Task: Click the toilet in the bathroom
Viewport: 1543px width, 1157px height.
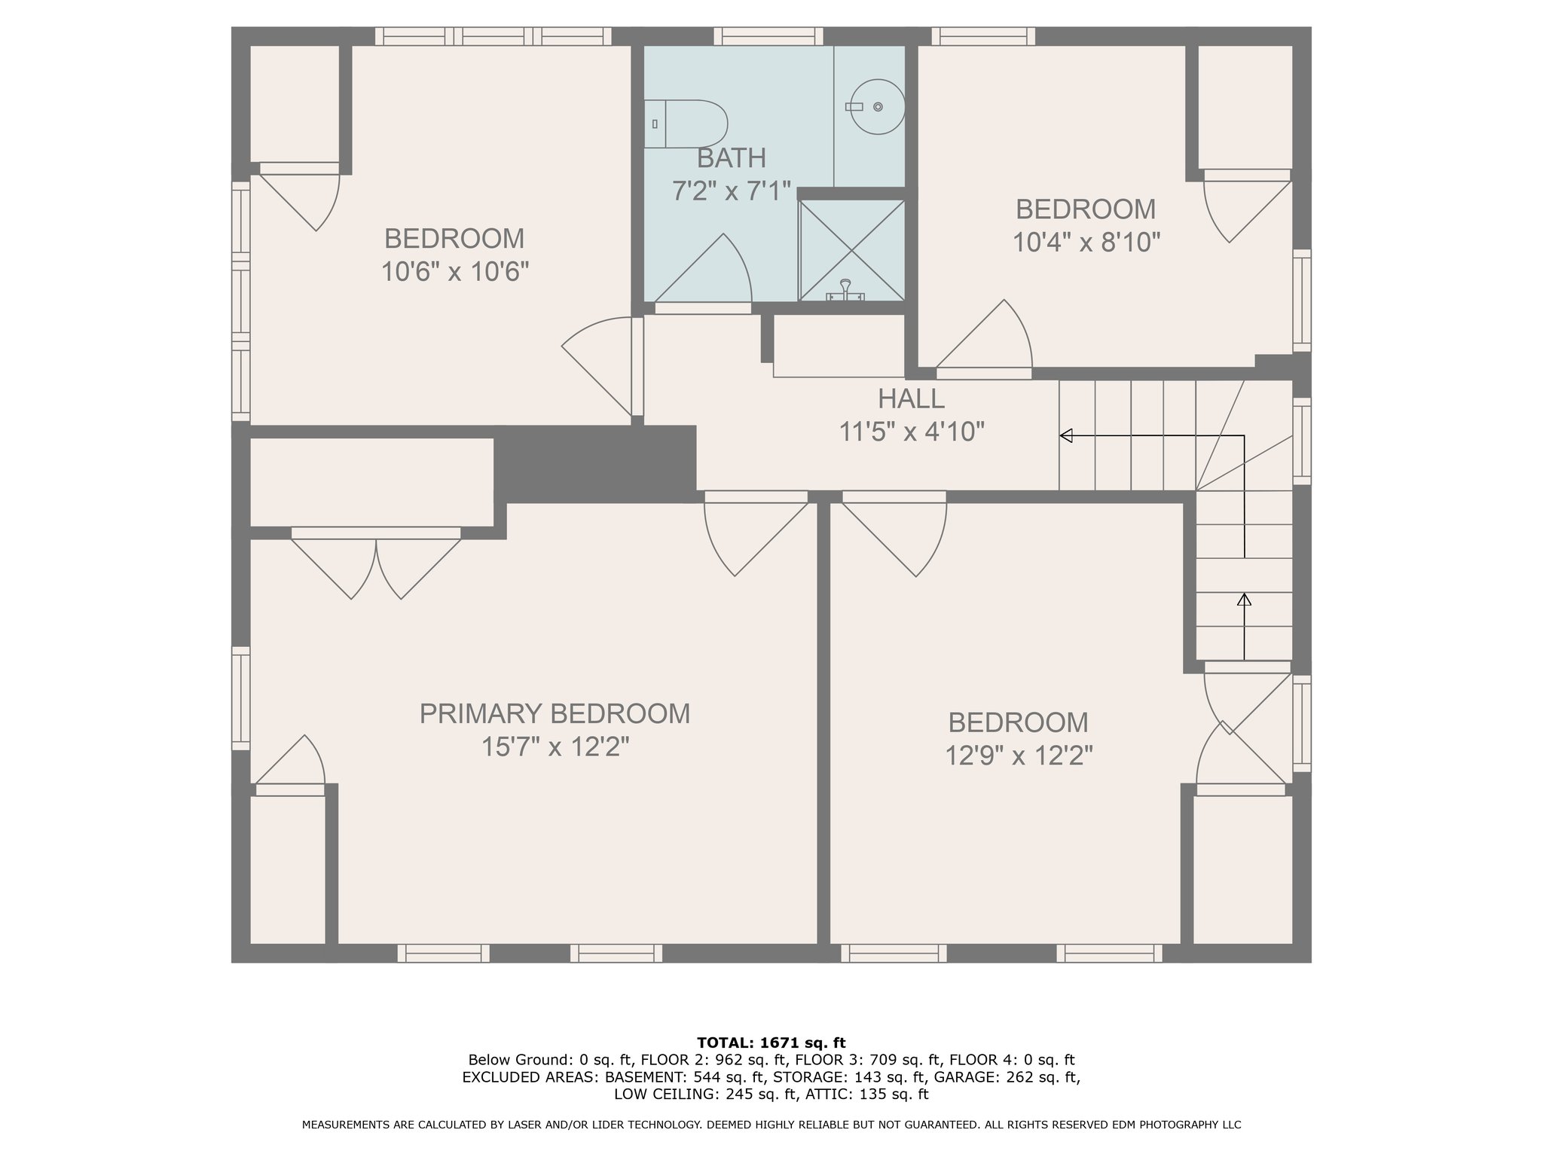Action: point(686,124)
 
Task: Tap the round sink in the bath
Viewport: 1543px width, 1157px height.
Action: point(877,107)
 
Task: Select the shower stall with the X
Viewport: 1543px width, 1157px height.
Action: point(851,250)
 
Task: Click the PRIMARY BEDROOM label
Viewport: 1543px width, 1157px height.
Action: point(555,713)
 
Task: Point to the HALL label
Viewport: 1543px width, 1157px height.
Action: point(911,398)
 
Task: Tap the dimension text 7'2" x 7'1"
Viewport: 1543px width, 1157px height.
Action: point(732,191)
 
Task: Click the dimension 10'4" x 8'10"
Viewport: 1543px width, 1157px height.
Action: point(1086,242)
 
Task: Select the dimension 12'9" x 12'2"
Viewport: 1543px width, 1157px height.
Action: point(1019,755)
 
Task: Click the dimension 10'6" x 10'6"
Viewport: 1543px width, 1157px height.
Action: point(454,271)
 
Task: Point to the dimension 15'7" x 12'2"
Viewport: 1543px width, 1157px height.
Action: point(555,746)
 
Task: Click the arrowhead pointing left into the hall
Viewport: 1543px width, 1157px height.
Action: point(1066,435)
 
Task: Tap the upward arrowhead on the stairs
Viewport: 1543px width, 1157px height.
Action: point(1244,600)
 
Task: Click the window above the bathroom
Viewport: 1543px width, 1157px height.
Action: point(768,36)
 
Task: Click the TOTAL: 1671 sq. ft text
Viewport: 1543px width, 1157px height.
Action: point(771,1043)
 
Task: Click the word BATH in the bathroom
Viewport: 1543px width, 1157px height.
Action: point(732,158)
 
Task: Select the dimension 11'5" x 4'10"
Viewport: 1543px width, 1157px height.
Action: point(912,432)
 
